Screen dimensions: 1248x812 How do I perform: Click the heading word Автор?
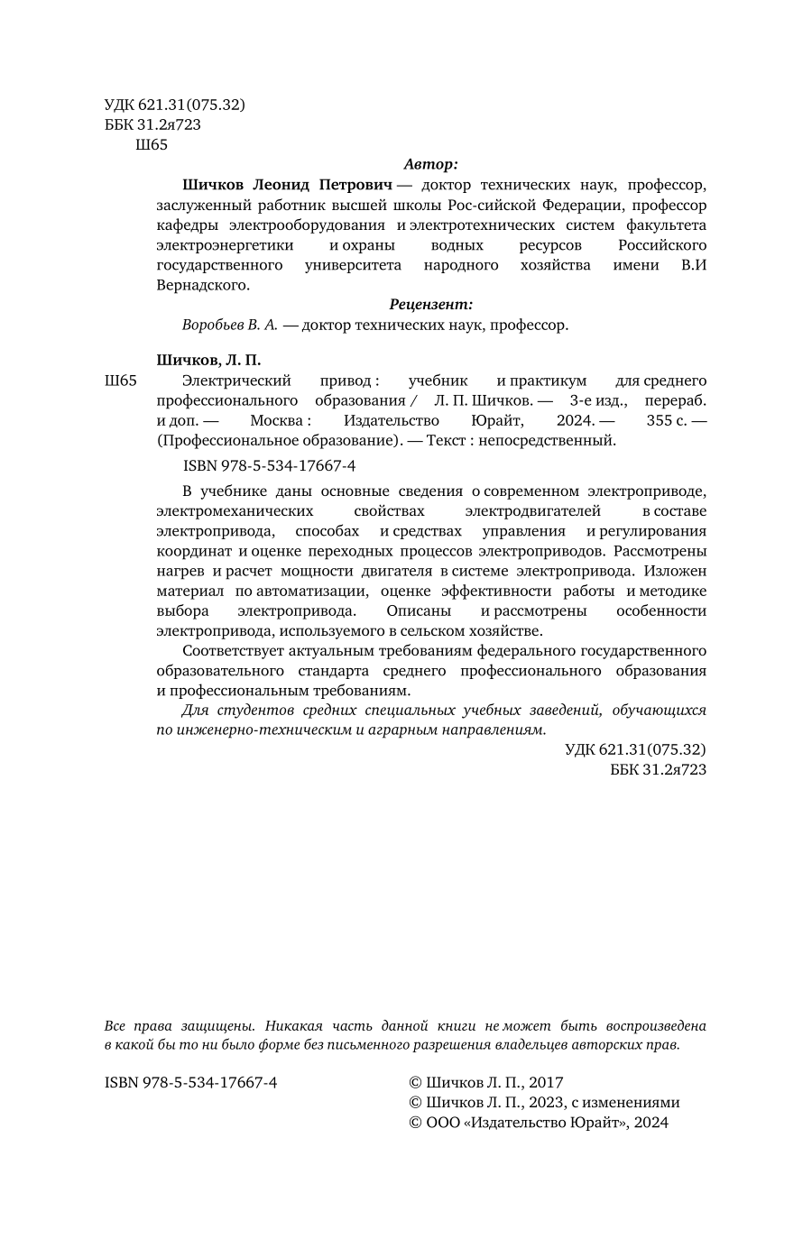430,164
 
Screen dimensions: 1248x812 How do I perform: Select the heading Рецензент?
430,305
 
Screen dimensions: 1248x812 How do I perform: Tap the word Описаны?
399,610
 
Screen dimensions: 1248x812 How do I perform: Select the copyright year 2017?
545,1082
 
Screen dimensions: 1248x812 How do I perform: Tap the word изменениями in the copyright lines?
640,1102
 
